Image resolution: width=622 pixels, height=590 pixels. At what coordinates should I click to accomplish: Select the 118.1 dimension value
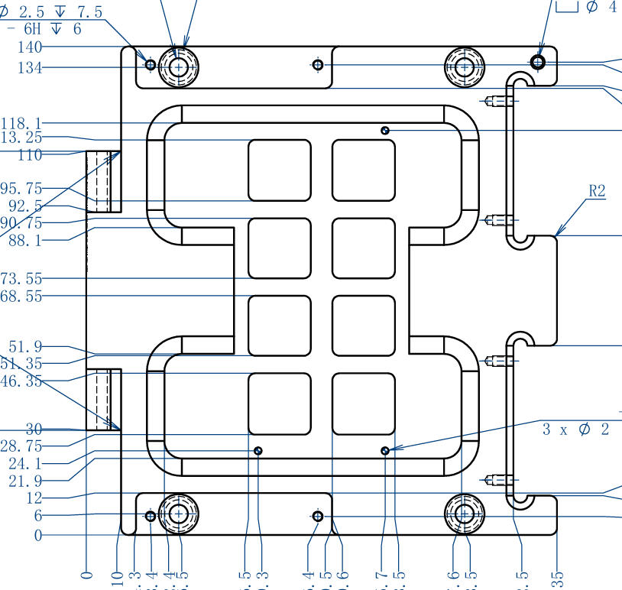point(21,123)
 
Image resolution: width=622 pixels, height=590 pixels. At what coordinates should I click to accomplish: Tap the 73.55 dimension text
point(21,279)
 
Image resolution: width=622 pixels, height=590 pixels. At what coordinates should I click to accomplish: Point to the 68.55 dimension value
point(21,296)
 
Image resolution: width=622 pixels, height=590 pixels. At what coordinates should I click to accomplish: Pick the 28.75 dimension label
point(21,446)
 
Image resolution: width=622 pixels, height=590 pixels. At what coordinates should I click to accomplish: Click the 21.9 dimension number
point(25,481)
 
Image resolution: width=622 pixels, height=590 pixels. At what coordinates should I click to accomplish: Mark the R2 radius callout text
point(596,191)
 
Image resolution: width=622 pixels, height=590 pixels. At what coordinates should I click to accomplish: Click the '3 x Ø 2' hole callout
point(577,429)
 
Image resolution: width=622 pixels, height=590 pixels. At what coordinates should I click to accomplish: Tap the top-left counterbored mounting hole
point(179,67)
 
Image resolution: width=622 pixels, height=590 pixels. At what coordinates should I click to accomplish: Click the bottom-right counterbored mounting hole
point(463,515)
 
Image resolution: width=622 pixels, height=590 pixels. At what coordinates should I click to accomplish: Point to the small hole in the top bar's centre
point(319,65)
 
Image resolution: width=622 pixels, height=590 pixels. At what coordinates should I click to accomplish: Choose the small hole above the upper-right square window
point(386,131)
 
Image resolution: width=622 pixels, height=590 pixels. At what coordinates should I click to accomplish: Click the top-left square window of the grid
point(280,170)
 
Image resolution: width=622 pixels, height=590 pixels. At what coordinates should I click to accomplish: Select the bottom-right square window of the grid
point(364,404)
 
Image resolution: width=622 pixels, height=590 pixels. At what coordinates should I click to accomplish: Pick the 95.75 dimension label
point(21,188)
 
